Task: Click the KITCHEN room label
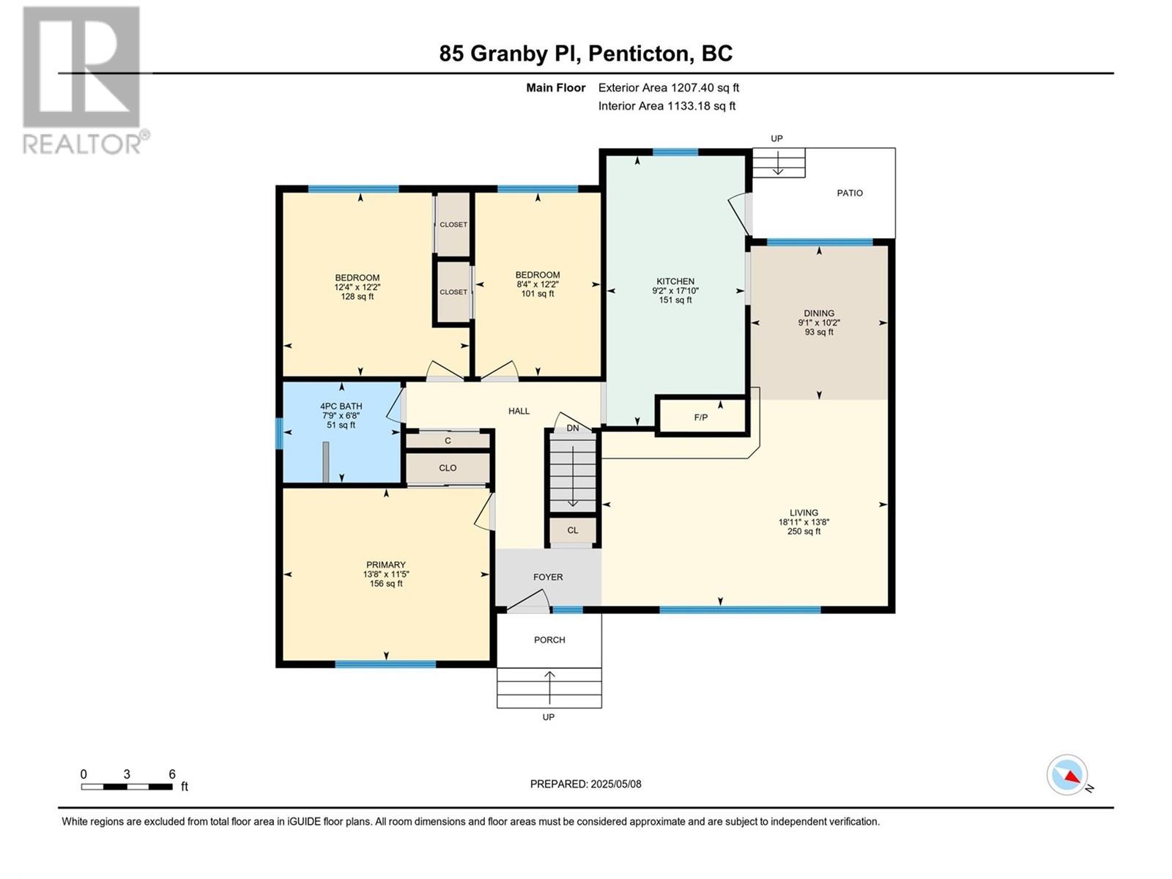click(675, 281)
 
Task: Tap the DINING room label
click(818, 314)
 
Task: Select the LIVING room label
click(804, 512)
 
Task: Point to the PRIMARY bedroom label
click(385, 565)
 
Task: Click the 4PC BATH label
click(341, 406)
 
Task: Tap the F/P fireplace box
click(700, 417)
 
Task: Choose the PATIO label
click(850, 193)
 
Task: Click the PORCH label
click(549, 639)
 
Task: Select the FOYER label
click(548, 577)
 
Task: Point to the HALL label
click(519, 411)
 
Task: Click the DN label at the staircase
click(572, 428)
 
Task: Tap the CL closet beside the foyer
click(572, 530)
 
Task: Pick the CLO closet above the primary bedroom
click(448, 468)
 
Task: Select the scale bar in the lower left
click(127, 787)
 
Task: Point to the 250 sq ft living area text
click(804, 531)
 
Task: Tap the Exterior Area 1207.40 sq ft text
click(669, 88)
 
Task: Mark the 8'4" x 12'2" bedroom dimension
click(537, 284)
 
